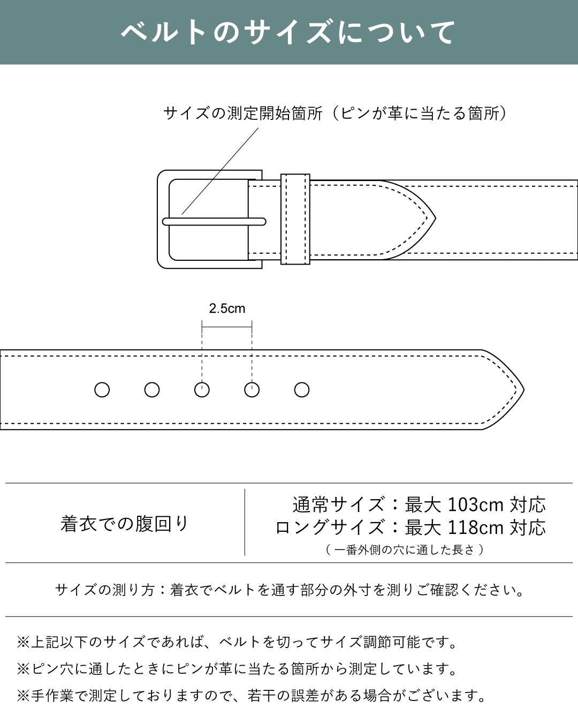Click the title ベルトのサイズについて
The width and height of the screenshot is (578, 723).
pos(288,32)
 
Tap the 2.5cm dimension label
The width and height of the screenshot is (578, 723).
pos(227,308)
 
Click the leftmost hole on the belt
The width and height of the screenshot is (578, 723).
pos(102,390)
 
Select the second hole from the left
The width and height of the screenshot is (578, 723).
pos(152,390)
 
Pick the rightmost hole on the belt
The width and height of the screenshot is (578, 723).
pos(302,390)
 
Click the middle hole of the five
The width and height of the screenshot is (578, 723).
pos(202,390)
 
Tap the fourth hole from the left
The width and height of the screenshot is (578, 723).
pos(252,390)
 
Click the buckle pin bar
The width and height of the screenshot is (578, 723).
pos(214,222)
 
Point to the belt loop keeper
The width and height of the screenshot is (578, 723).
pos(295,219)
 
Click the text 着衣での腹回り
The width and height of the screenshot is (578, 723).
pos(124,523)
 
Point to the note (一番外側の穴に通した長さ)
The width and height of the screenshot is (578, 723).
pos(405,549)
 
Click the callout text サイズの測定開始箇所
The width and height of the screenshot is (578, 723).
pos(243,113)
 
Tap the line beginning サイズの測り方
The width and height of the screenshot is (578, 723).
pos(289,590)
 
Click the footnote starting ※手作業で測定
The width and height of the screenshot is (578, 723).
pos(252,696)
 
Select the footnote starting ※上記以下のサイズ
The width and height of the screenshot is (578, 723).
pos(238,642)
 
